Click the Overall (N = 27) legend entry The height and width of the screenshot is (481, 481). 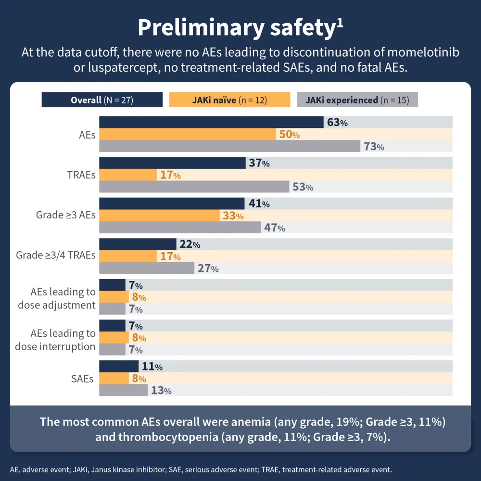[x=102, y=100]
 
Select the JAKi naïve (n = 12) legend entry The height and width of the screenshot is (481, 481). [x=230, y=100]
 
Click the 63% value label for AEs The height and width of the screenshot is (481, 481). [x=337, y=123]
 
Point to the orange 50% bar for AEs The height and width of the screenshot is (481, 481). [x=188, y=135]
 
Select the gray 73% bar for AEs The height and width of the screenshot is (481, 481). [x=229, y=146]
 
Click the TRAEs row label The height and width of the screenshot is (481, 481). [x=81, y=175]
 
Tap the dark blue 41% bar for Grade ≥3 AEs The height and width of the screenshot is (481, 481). [x=172, y=203]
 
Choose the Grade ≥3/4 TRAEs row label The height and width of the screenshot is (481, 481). [x=56, y=255]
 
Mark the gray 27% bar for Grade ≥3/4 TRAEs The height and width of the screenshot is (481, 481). [x=147, y=268]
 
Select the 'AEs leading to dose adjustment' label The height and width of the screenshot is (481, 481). [x=57, y=298]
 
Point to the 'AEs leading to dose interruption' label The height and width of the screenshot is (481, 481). [x=55, y=340]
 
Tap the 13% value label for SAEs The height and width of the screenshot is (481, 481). [x=161, y=391]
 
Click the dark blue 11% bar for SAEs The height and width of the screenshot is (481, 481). [x=119, y=367]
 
